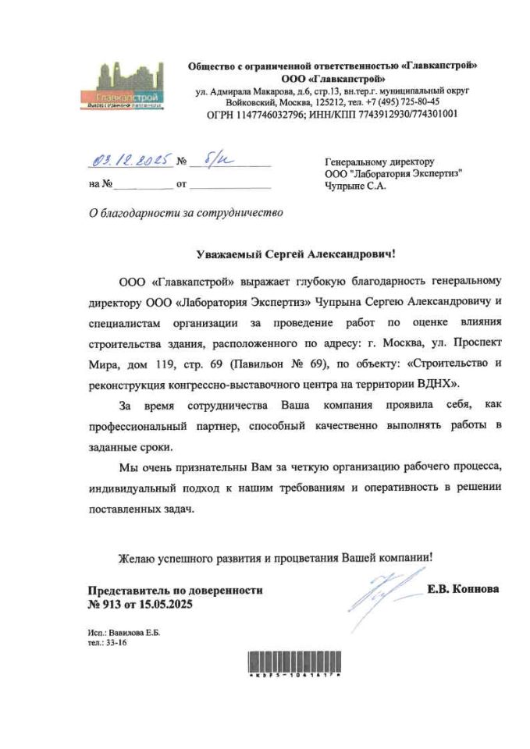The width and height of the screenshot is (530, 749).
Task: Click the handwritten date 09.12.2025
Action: [x=131, y=163]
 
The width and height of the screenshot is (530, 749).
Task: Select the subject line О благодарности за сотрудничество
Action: [x=185, y=212]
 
